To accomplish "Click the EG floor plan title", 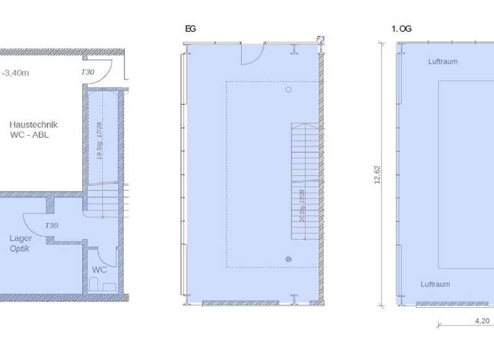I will [190, 29].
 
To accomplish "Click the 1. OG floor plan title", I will [401, 29].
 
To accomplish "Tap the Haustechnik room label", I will [33, 124].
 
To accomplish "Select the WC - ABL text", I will [30, 135].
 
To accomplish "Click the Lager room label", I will [21, 239].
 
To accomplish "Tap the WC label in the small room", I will [99, 270].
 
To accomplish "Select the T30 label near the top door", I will [87, 73].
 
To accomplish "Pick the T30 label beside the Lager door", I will [51, 226].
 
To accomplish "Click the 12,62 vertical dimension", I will [378, 175].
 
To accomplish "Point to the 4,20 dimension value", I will [482, 320].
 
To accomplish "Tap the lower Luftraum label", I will [435, 284].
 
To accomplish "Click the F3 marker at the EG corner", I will [320, 39].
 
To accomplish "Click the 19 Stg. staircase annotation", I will [100, 141].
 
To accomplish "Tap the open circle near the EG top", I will [289, 90].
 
